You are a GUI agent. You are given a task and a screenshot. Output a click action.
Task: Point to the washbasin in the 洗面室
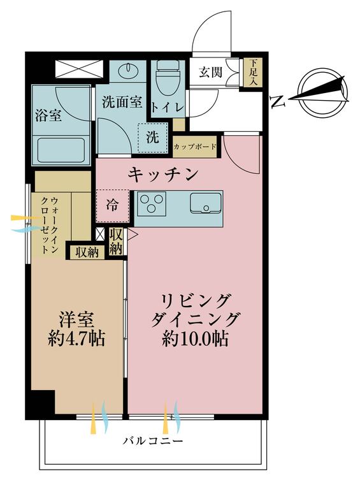coord(128,69)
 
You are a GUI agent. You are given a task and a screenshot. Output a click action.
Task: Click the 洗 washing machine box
coord(153,136)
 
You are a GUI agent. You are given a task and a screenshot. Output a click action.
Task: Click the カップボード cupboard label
coord(195,147)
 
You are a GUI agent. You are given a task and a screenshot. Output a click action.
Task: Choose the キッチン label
coord(164,173)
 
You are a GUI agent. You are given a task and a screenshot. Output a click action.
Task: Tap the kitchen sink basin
coord(205,205)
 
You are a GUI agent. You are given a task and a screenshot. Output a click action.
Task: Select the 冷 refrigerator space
coord(112,205)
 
